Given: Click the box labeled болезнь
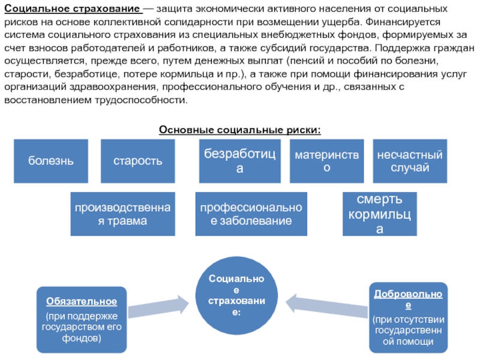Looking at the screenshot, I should point(51,161).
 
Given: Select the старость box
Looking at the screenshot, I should point(138,161).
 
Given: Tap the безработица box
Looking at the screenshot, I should point(239,161).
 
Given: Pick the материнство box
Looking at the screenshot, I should point(326,161).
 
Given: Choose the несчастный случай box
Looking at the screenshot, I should point(410,161).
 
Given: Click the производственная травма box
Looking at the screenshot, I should point(123,214).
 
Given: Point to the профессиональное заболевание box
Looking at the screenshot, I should point(251,214).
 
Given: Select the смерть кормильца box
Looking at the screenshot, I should point(379,214).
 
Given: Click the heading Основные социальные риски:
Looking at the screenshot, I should point(239,130).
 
